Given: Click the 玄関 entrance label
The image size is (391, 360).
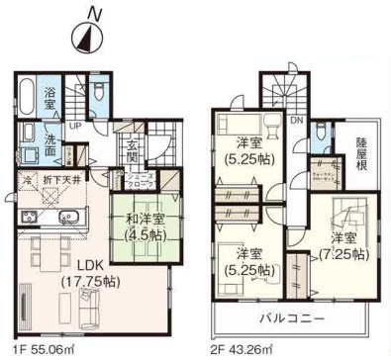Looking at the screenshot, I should pyautogui.click(x=133, y=152).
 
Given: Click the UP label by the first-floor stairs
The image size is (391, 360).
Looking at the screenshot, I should pyautogui.click(x=75, y=126).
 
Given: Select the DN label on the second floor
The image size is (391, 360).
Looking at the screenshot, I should pyautogui.click(x=296, y=121).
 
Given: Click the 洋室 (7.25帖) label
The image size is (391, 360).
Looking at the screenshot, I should pyautogui.click(x=342, y=245).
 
